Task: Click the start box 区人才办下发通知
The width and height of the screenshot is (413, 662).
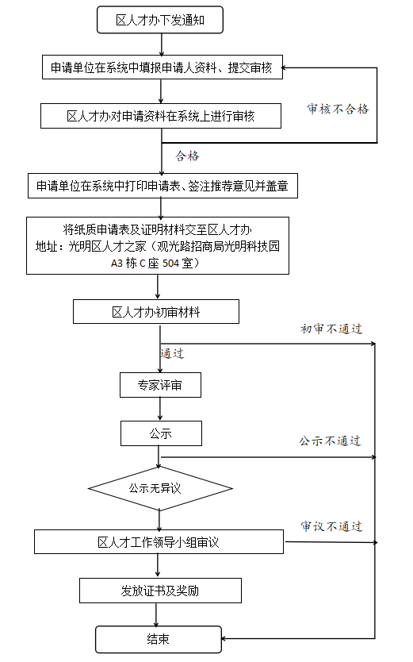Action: [160, 21]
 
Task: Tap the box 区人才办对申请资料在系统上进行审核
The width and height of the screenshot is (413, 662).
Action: [161, 116]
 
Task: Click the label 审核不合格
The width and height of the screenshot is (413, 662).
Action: [338, 110]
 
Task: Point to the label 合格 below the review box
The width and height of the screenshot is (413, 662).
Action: [187, 156]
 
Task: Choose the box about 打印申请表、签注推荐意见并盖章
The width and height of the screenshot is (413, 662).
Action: [162, 187]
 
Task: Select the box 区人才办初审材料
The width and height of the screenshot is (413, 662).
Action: [155, 312]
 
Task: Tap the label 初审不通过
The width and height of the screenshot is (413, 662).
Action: [331, 329]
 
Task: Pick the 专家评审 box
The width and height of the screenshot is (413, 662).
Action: [159, 386]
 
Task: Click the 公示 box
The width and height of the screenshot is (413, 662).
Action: [160, 433]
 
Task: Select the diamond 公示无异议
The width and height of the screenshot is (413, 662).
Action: [159, 488]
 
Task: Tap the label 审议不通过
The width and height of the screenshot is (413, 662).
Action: [331, 526]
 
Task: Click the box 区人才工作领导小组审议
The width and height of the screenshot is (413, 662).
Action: [159, 543]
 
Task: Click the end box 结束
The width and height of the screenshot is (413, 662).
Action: [158, 639]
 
